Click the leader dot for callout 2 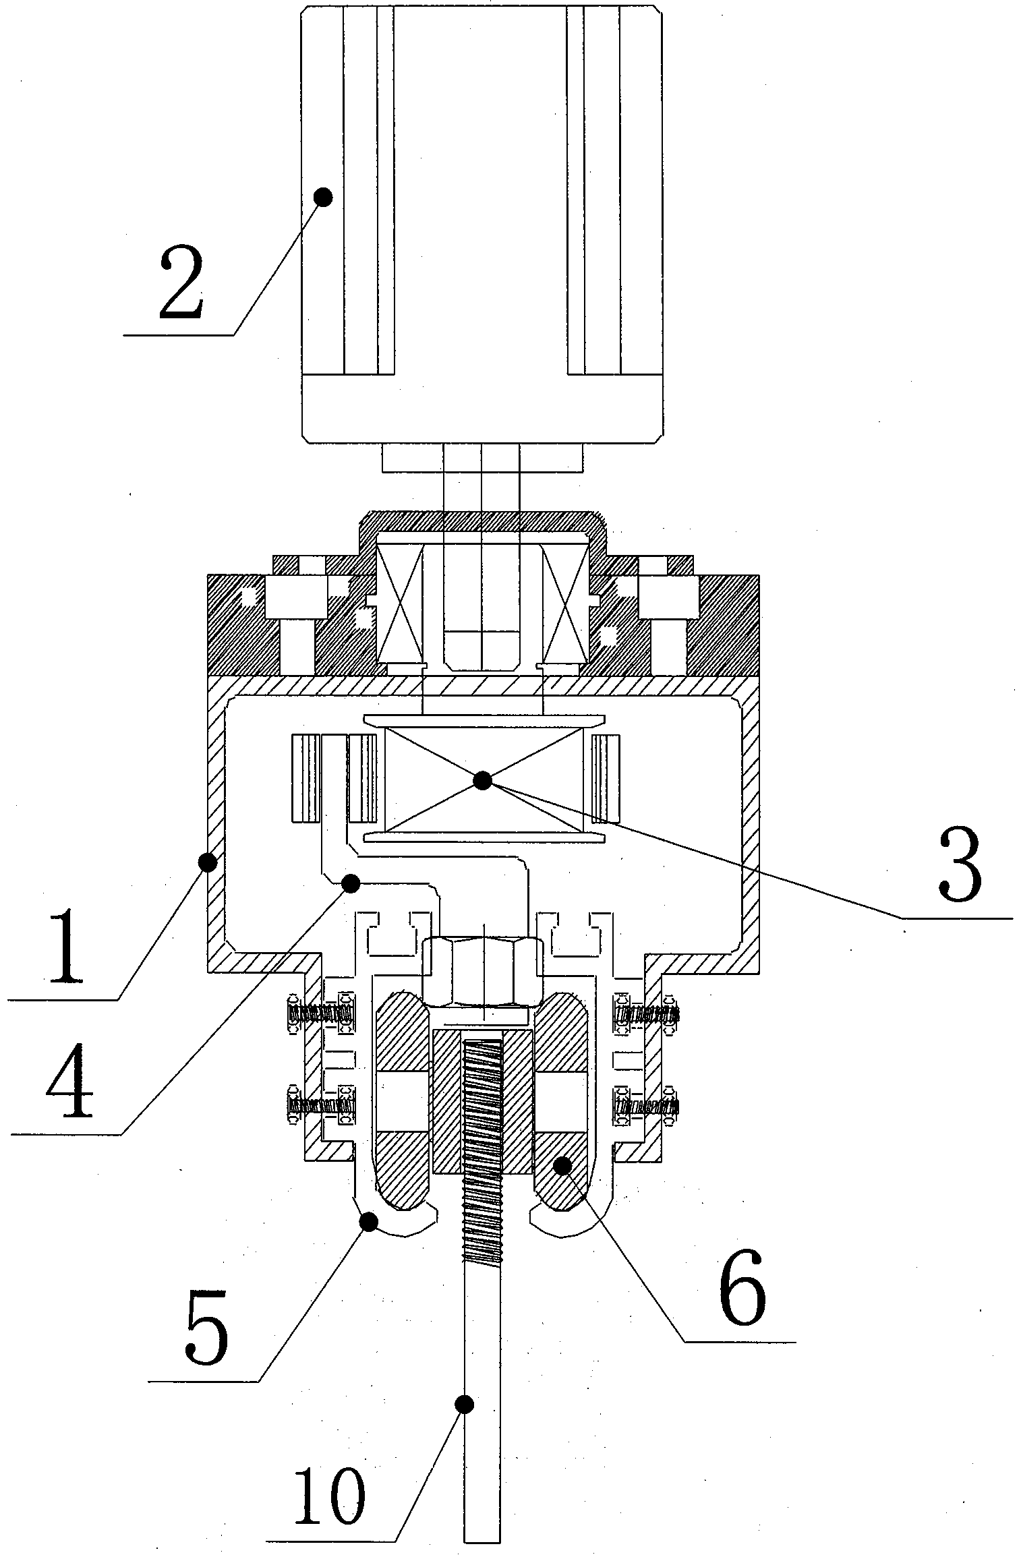coord(324,198)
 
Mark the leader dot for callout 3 coord(482,781)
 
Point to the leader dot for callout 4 coord(351,883)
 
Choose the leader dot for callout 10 coord(464,1404)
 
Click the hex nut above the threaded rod coord(483,970)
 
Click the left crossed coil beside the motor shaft coord(401,602)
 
